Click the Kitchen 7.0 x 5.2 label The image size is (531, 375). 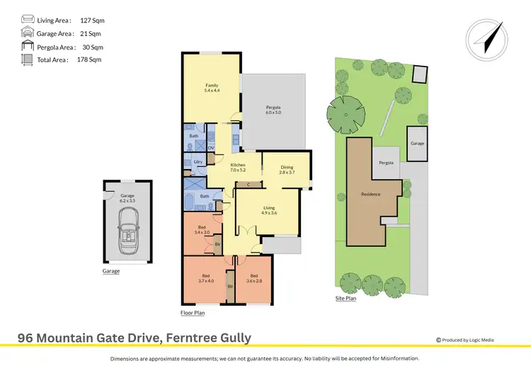pos(237,168)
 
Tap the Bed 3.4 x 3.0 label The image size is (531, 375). pos(202,229)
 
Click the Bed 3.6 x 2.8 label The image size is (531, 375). pos(253,277)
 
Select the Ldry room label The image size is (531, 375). pos(198,162)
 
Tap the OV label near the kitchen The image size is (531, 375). pos(210,147)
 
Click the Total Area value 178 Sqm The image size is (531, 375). pos(89,59)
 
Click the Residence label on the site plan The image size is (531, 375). pos(370,194)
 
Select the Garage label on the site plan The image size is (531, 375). pos(417,143)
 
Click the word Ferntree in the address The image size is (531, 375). pos(187,337)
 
